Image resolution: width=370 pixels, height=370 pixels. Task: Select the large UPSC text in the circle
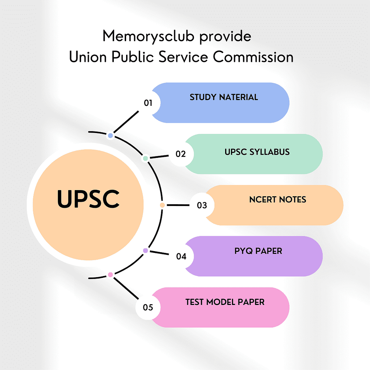[88, 199]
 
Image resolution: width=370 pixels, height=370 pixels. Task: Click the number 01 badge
[148, 103]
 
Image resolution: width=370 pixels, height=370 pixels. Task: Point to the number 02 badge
[181, 154]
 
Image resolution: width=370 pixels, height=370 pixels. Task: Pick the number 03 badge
[202, 205]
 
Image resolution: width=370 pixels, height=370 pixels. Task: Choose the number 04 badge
[181, 257]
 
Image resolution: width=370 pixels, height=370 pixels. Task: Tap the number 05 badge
[148, 308]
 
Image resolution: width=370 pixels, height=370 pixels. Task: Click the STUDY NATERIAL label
[224, 97]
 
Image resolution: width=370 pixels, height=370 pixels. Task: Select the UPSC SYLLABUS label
[257, 152]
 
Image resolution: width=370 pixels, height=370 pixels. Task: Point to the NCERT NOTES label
[277, 199]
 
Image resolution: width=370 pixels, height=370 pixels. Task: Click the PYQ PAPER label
[258, 251]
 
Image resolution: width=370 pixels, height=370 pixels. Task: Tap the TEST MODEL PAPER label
[225, 302]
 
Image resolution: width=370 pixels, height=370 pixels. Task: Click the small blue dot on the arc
[111, 135]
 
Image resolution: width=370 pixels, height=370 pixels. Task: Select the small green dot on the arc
[145, 158]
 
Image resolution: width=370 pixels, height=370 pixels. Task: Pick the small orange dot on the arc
[162, 205]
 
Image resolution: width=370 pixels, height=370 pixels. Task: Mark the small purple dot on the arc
[146, 250]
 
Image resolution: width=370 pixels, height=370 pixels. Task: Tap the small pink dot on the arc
[111, 275]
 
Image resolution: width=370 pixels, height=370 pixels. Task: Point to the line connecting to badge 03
[178, 205]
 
